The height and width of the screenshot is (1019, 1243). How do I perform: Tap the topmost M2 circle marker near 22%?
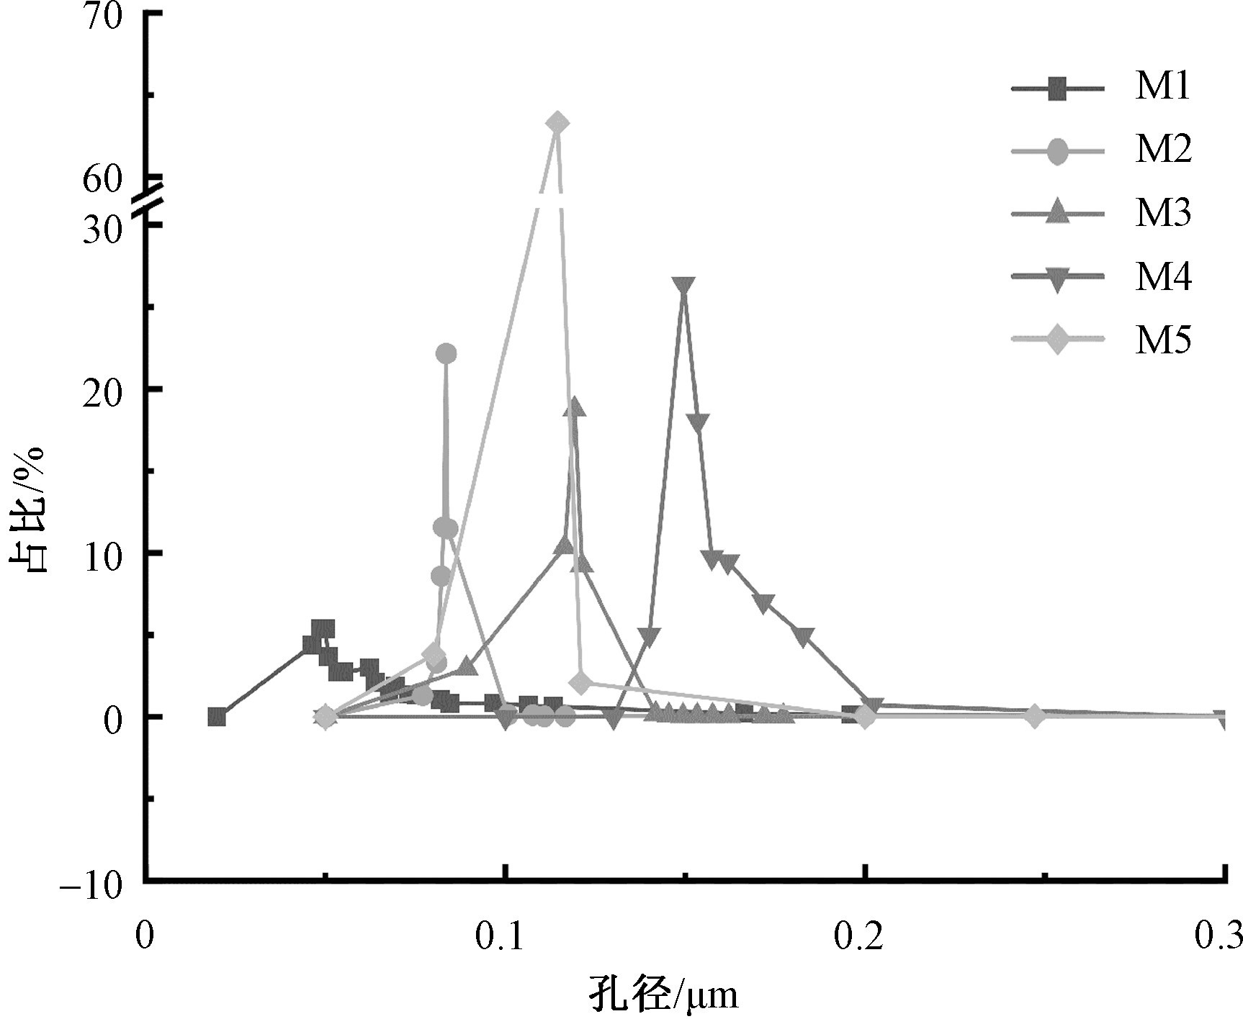pyautogui.click(x=447, y=353)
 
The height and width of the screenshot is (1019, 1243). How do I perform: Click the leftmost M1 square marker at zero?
pyautogui.click(x=217, y=717)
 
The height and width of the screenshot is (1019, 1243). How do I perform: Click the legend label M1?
pyautogui.click(x=1163, y=88)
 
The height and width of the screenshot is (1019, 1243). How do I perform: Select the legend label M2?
pyautogui.click(x=1163, y=150)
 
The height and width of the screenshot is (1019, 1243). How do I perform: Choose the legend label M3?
pyautogui.click(x=1163, y=213)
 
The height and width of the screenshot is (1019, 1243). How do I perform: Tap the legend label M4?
pyautogui.click(x=1163, y=276)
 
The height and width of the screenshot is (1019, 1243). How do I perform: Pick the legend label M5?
pyautogui.click(x=1163, y=339)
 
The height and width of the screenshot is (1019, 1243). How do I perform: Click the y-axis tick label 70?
pyautogui.click(x=103, y=16)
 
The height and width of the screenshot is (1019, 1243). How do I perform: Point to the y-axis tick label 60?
pyautogui.click(x=103, y=179)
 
